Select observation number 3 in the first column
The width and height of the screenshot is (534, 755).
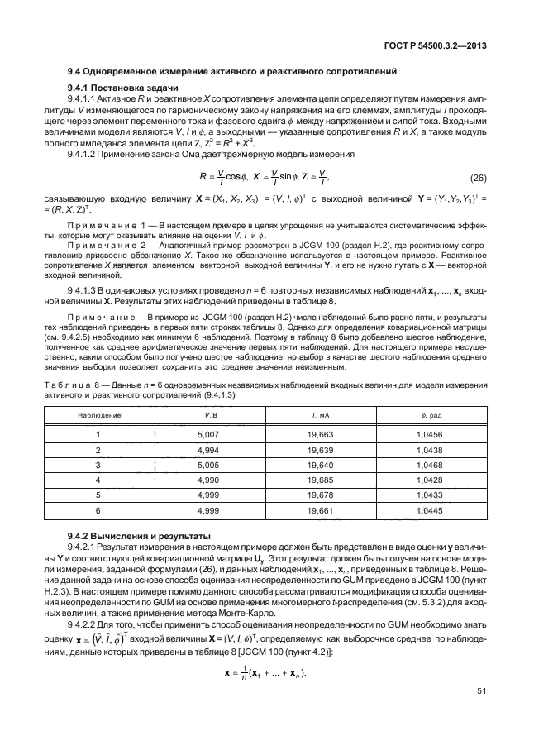point(98,466)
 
